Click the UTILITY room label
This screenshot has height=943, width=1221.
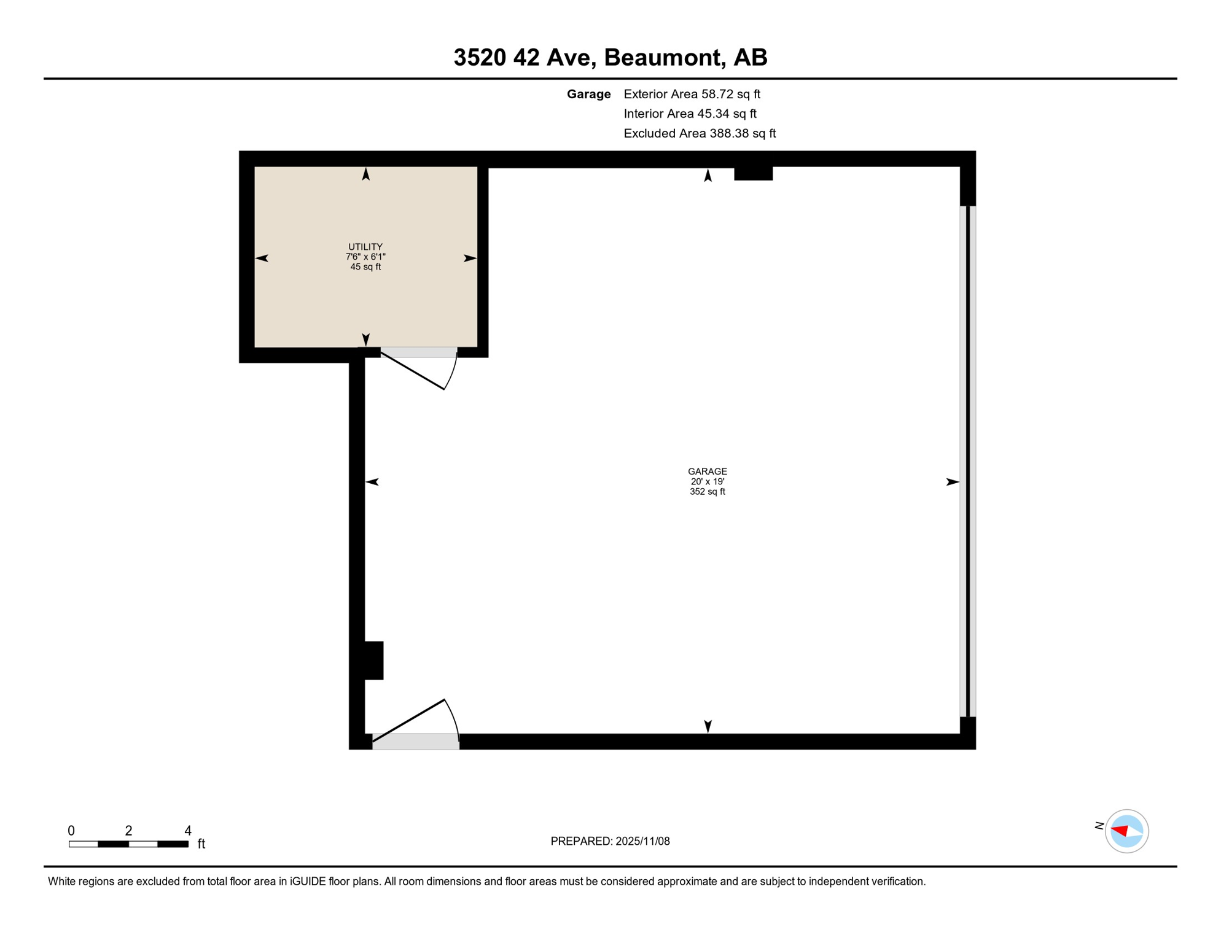[x=365, y=247]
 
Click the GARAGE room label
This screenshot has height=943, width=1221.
[x=707, y=471]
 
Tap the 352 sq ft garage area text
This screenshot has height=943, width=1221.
[x=707, y=492]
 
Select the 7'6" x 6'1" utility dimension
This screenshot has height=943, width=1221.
[x=365, y=257]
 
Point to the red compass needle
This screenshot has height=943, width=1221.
[x=1120, y=831]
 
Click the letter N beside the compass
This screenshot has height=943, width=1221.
[x=1099, y=826]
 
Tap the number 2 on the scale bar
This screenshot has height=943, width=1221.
[x=128, y=831]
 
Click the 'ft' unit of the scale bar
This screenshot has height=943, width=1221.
[x=201, y=844]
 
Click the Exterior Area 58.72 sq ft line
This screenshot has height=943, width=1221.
[x=692, y=94]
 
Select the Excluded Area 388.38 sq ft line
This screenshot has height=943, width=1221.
[x=700, y=133]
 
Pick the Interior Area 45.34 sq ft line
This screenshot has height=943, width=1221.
[x=690, y=114]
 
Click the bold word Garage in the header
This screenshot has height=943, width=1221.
[x=588, y=94]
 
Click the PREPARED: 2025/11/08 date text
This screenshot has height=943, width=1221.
[x=610, y=841]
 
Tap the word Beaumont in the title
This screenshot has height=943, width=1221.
[x=661, y=57]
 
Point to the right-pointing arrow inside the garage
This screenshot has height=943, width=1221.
[x=952, y=482]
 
